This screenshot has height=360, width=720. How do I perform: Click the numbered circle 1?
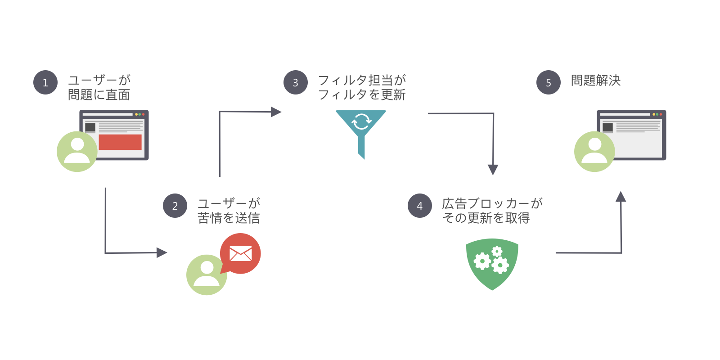(45, 82)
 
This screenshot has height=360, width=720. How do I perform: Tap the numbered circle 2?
(175, 206)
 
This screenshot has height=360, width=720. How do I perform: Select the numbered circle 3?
(295, 82)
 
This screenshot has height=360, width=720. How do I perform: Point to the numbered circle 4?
(419, 206)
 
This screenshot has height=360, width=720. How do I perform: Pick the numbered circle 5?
(549, 82)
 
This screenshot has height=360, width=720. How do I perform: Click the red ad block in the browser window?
(120, 142)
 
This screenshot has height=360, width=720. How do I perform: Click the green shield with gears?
(492, 264)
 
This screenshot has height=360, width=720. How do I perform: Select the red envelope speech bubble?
(240, 254)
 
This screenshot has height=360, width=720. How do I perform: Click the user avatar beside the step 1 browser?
(77, 151)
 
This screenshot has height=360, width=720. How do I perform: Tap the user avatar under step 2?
(207, 275)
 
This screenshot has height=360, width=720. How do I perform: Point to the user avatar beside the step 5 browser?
(594, 151)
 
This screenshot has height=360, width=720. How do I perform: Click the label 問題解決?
(596, 81)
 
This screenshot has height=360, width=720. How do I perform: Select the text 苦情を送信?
(229, 218)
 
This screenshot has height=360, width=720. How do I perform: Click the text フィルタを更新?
(362, 94)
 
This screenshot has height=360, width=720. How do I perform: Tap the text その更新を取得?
(486, 218)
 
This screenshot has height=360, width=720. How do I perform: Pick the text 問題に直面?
(99, 94)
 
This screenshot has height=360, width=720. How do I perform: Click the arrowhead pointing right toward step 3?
(276, 112)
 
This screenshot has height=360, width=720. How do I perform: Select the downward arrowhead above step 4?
(493, 169)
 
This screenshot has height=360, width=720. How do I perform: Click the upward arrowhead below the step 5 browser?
(621, 196)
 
